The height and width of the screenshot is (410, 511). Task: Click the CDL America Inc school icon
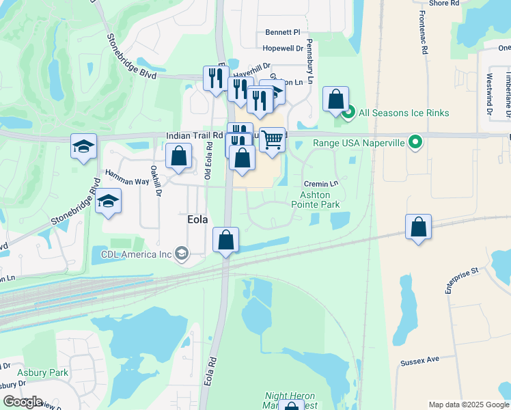pyautogui.click(x=181, y=254)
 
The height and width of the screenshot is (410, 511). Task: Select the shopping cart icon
pyautogui.click(x=272, y=139)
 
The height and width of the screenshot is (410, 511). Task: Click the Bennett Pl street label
pyautogui.click(x=283, y=32)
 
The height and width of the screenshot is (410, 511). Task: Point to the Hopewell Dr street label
pyautogui.click(x=283, y=49)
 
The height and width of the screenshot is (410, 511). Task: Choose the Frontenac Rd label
pyautogui.click(x=424, y=36)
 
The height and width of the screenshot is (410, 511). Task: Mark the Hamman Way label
pyautogui.click(x=127, y=174)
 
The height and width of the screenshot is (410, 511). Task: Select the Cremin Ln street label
pyautogui.click(x=320, y=184)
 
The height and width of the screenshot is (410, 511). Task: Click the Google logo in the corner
pyautogui.click(x=23, y=402)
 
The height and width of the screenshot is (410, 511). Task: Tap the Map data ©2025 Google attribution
pyautogui.click(x=468, y=405)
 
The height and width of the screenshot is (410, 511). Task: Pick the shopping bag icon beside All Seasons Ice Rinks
pyautogui.click(x=336, y=99)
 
